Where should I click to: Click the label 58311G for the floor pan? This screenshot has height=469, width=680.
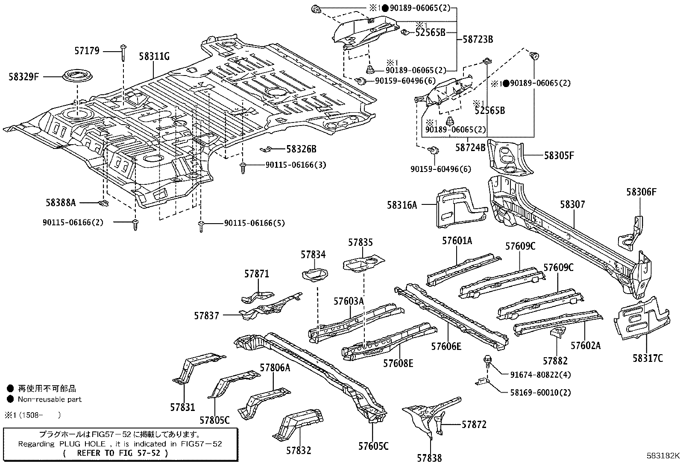pos(154,56)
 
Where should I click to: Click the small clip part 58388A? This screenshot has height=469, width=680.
pos(103,202)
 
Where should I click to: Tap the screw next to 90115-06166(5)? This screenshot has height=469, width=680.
pos(201,226)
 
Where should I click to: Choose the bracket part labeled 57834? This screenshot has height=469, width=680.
pos(314,274)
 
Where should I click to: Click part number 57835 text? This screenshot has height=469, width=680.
pos(360,242)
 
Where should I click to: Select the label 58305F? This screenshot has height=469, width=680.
pos(559,155)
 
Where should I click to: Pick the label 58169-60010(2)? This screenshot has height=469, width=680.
pos(540,392)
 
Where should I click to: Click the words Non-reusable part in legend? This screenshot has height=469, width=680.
pos(50,399)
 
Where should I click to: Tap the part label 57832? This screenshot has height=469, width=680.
pos(299,450)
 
